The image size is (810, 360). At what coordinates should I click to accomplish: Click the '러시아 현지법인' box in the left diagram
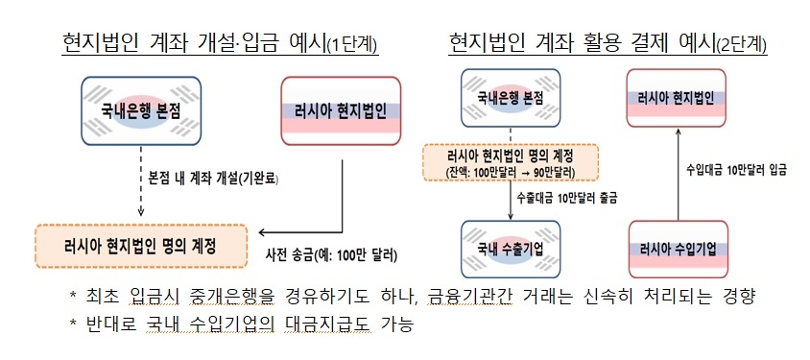click(339, 109)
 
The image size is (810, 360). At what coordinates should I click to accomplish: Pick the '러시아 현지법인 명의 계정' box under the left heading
click(140, 245)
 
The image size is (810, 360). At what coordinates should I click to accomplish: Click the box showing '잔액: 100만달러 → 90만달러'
click(510, 161)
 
